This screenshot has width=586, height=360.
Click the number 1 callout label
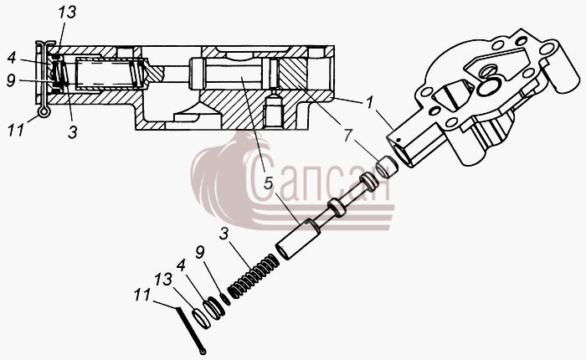point(370,103)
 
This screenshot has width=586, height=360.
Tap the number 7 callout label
point(348,136)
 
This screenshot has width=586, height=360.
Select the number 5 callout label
point(269,183)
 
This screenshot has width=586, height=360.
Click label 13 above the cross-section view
point(67,13)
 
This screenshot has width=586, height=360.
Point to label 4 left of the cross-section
point(12,58)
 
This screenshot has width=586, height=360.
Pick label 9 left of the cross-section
point(12,80)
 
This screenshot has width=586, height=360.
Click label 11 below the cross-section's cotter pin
point(16,131)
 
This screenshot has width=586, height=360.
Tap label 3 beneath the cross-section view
point(73,132)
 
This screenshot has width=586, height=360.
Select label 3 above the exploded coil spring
point(224,234)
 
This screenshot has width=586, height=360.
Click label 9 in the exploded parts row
point(200,252)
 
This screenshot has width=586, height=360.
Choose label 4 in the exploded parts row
point(181,265)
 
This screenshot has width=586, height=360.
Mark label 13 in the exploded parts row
point(164,280)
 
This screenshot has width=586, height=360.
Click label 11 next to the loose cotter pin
point(142,295)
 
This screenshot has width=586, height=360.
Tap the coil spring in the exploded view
point(254,276)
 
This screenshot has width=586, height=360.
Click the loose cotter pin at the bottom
point(191,330)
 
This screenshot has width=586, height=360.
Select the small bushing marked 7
point(387,167)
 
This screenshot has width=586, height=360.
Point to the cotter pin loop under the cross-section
point(44,111)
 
